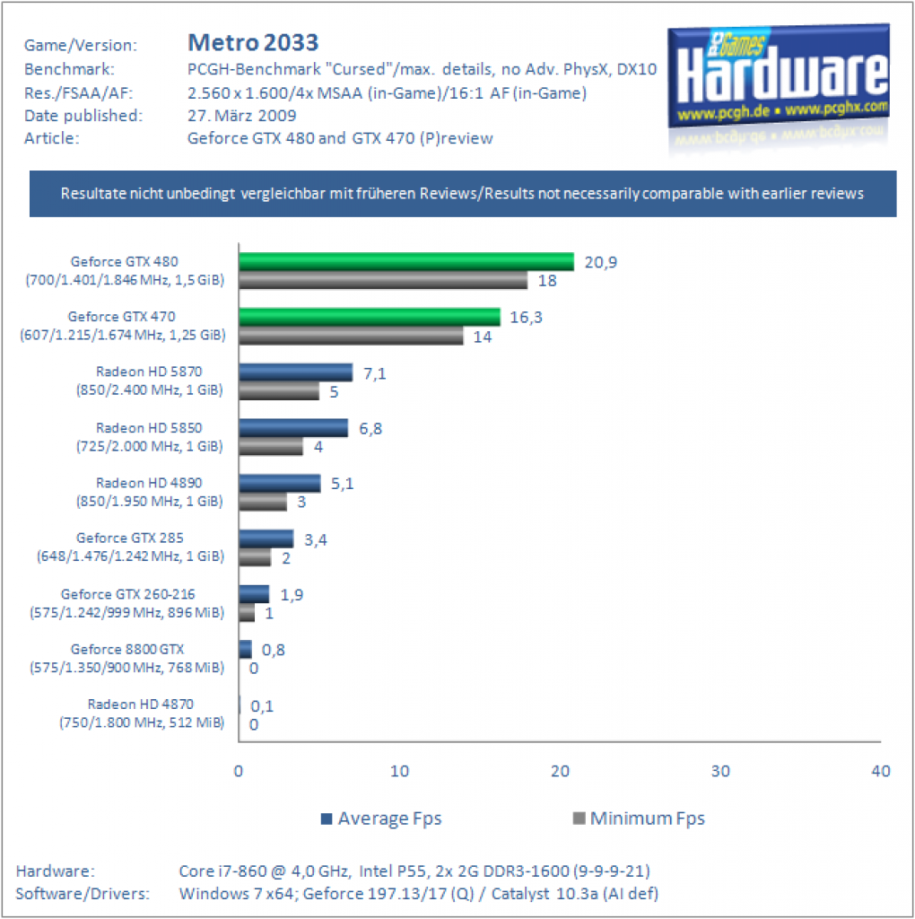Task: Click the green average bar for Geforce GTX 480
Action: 406,261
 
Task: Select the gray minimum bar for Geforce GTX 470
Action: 351,336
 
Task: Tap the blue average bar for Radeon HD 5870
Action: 296,372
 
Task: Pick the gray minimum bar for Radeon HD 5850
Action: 271,446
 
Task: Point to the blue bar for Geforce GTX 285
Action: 266,538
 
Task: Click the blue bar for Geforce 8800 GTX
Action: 246,649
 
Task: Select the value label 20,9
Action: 600,262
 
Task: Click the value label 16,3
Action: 526,317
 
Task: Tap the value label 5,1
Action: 342,484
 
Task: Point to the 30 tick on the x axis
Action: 720,771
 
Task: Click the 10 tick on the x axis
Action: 399,771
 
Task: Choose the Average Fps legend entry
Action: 381,818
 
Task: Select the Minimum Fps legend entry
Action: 639,818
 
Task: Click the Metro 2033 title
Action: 253,42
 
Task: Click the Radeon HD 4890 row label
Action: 150,492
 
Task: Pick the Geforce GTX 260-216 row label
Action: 127,603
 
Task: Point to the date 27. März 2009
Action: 242,116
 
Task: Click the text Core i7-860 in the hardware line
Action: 223,871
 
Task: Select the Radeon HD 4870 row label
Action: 141,713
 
